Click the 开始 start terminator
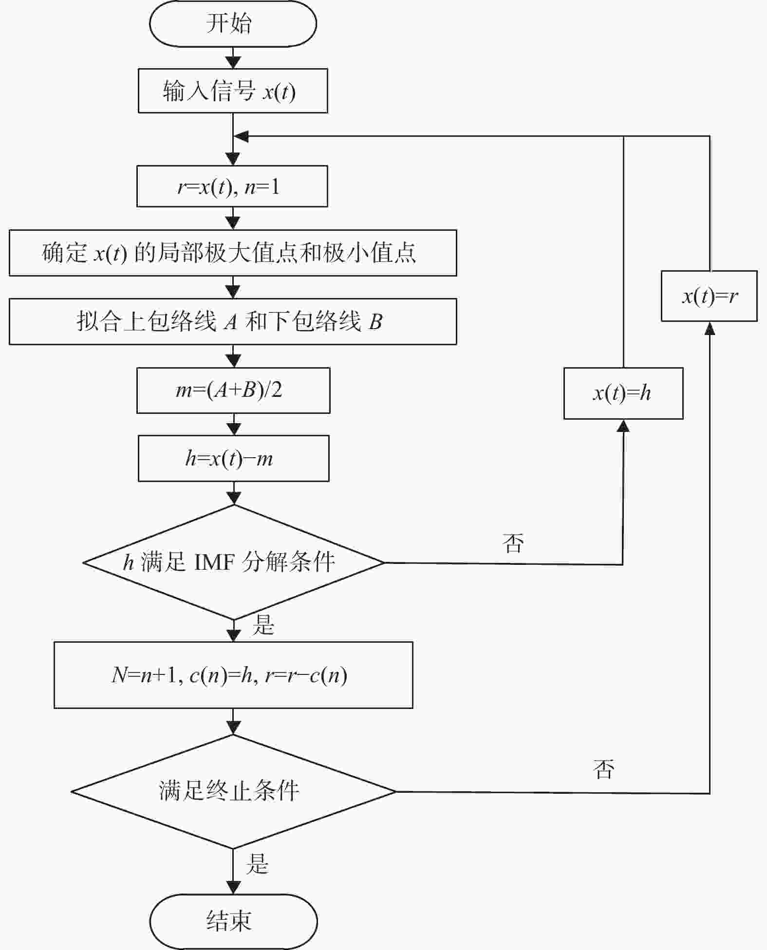tap(233, 23)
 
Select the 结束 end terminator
tap(233, 921)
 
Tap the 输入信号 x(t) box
tap(233, 91)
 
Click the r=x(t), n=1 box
tap(232, 186)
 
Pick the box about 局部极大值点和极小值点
tap(233, 253)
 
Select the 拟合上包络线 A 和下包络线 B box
tap(233, 321)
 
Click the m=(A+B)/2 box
tap(233, 391)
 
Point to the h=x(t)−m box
tap(234, 458)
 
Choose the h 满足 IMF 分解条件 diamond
tap(234, 562)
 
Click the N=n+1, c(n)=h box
tap(233, 675)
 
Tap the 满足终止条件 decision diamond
tap(233, 791)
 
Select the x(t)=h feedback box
tap(623, 393)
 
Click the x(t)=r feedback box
tap(709, 296)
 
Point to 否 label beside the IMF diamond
tap(513, 542)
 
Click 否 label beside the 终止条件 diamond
tap(604, 769)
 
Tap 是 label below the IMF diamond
tap(263, 624)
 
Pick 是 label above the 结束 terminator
tap(257, 863)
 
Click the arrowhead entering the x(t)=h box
tap(623, 426)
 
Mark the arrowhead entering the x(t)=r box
tap(710, 328)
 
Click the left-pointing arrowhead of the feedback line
tap(242, 137)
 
